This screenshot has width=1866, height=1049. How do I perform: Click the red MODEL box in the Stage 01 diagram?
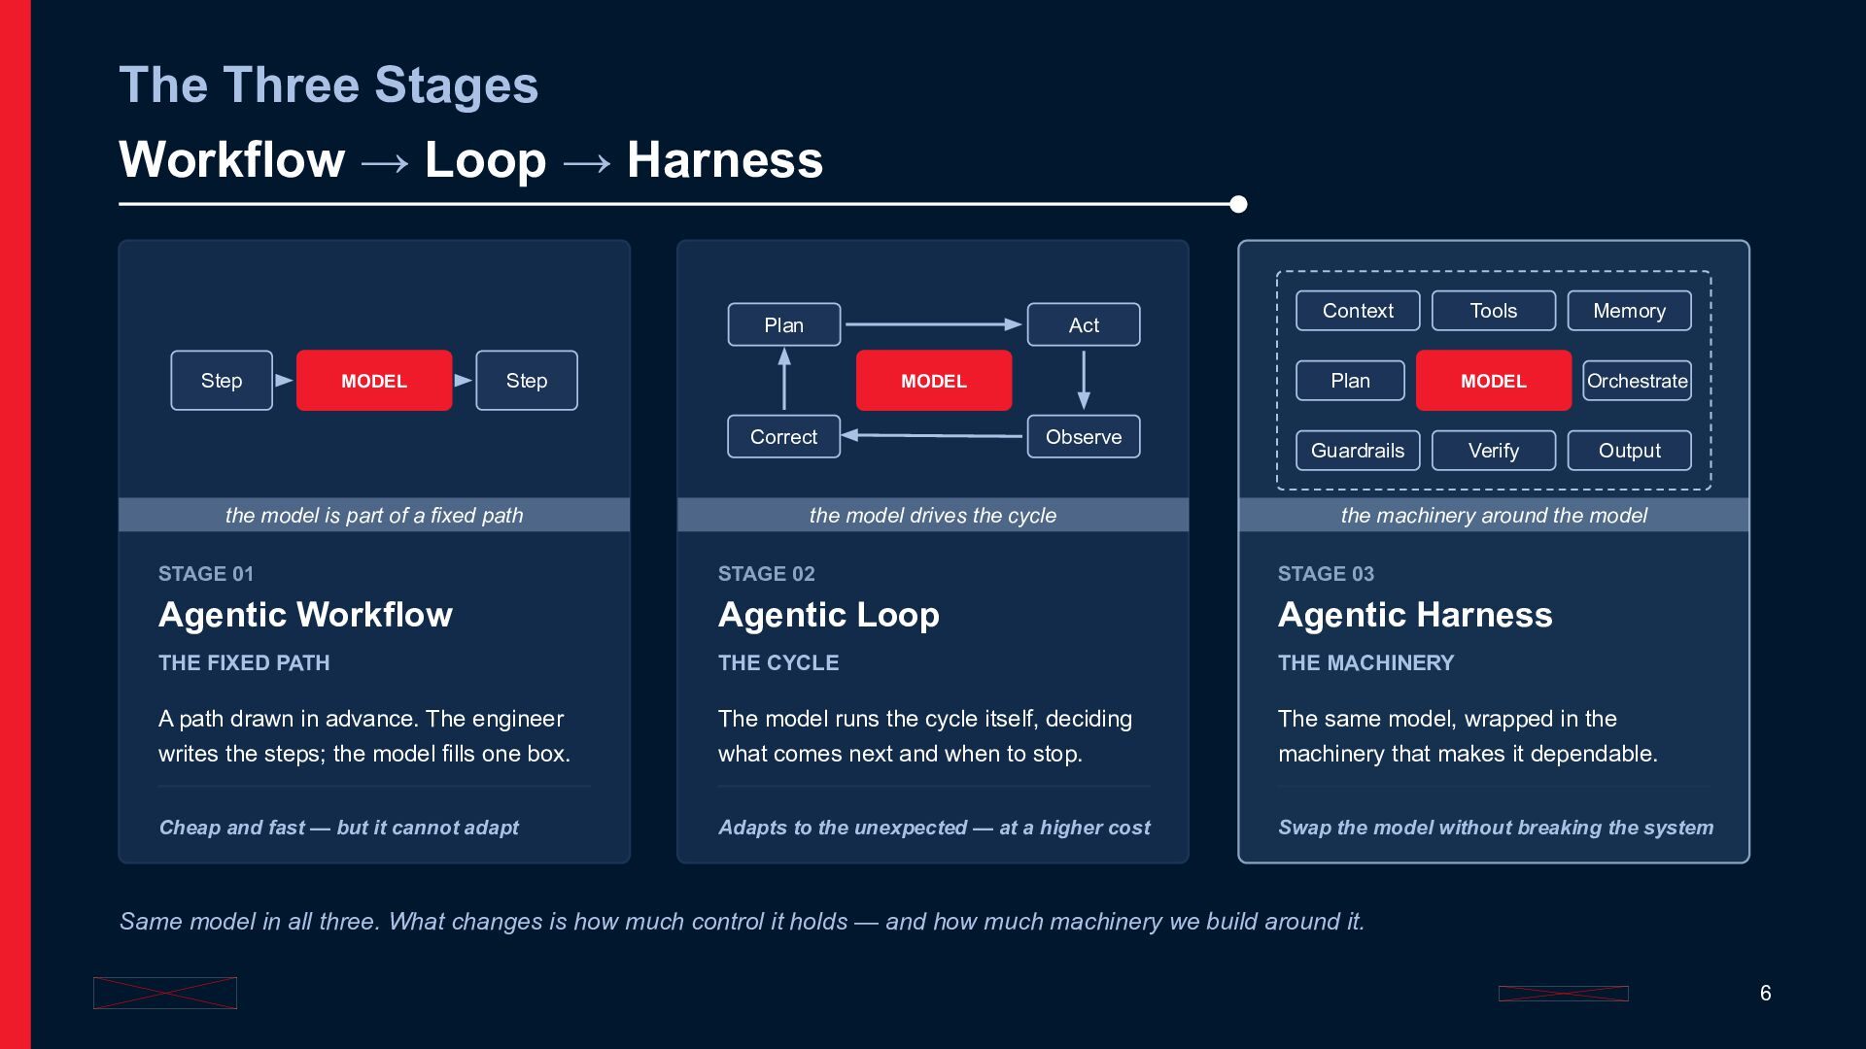(374, 381)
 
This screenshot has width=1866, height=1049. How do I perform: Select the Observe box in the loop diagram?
(1084, 437)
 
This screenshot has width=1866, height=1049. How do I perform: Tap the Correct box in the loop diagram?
(783, 437)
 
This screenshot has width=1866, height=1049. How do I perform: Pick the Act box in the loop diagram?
(1084, 324)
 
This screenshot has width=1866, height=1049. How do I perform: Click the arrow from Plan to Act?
(934, 324)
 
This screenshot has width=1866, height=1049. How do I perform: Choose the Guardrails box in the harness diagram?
(1358, 451)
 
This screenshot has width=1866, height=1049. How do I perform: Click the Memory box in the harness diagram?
(1630, 311)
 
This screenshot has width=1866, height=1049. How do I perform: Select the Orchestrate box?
(1637, 381)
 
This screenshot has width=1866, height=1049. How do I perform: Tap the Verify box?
(1494, 451)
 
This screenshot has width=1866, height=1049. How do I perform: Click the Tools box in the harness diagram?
(1494, 311)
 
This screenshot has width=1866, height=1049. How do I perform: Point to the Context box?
(1358, 311)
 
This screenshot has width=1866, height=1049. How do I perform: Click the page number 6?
(1766, 993)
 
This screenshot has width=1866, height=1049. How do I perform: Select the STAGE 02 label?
(767, 574)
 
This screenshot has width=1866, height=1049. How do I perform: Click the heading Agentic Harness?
(1415, 615)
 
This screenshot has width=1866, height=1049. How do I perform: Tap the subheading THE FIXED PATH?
(244, 663)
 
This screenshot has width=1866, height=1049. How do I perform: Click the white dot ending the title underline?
(1238, 204)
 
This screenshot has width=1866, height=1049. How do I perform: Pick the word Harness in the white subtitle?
(725, 160)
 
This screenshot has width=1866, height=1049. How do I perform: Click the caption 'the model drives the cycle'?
(933, 516)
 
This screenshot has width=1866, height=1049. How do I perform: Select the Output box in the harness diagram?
(1630, 451)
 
